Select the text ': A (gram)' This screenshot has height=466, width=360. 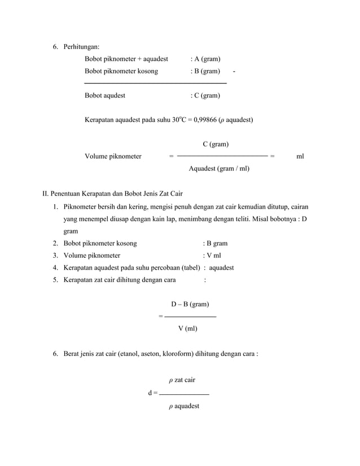[205, 59]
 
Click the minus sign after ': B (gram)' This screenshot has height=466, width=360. [234, 72]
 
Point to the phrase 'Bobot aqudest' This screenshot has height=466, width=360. [105, 95]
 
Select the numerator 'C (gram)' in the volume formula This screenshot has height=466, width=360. [216, 144]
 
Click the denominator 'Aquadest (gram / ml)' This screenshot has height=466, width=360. [219, 168]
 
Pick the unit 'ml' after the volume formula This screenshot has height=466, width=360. [300, 156]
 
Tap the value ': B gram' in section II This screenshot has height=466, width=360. [216, 244]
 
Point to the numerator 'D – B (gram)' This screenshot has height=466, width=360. [190, 304]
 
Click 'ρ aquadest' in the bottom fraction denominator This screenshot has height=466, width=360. [184, 405]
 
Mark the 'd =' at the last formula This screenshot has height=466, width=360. [152, 393]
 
